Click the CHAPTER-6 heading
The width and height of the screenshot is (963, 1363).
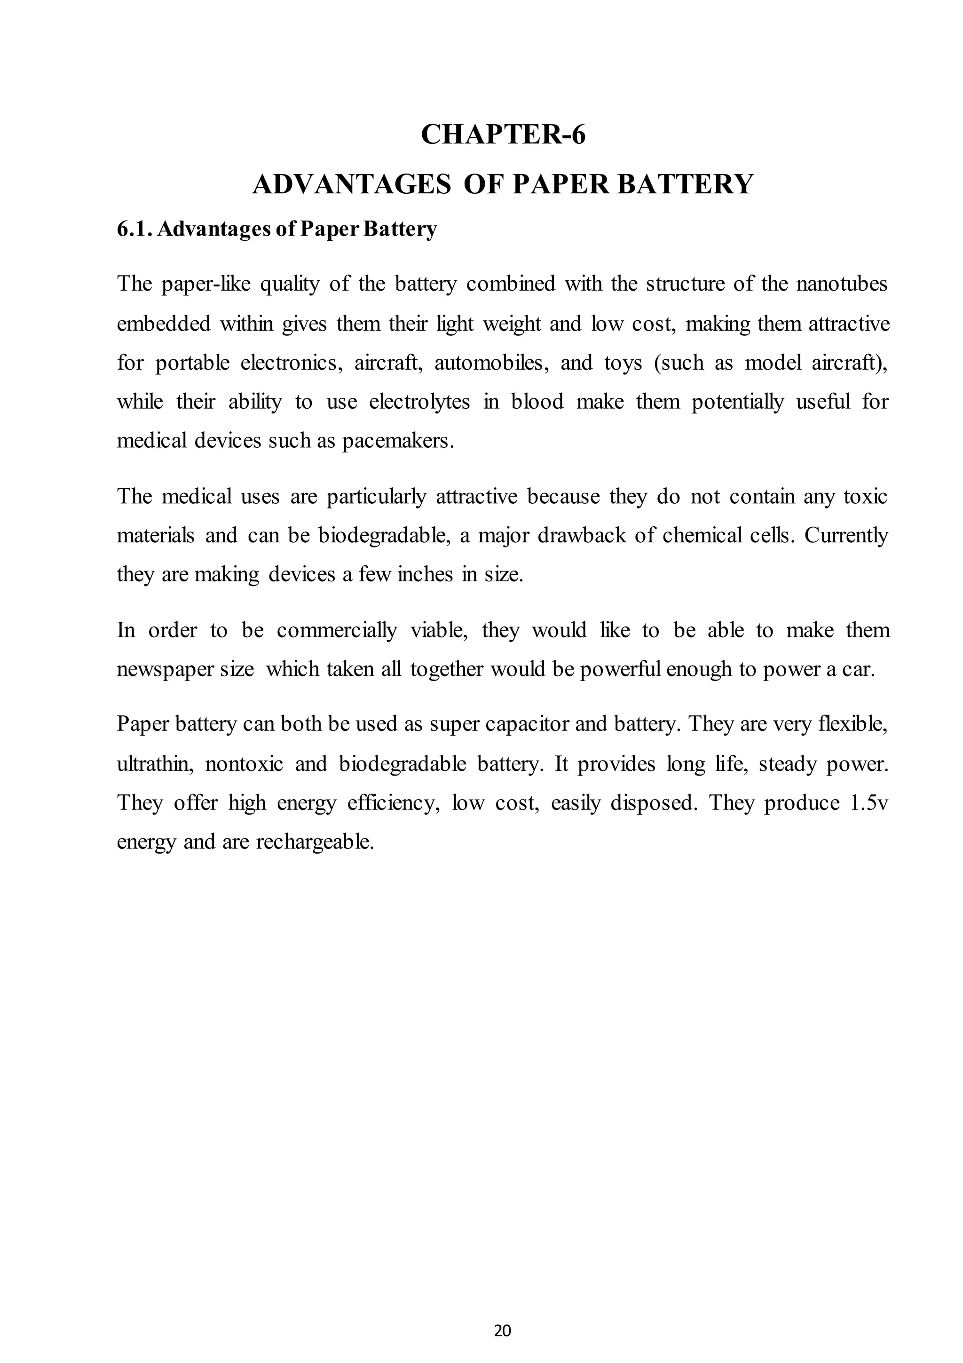click(503, 135)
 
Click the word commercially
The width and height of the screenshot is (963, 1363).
click(336, 630)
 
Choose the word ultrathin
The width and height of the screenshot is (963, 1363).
click(155, 764)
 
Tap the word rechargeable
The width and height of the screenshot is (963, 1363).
click(315, 842)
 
